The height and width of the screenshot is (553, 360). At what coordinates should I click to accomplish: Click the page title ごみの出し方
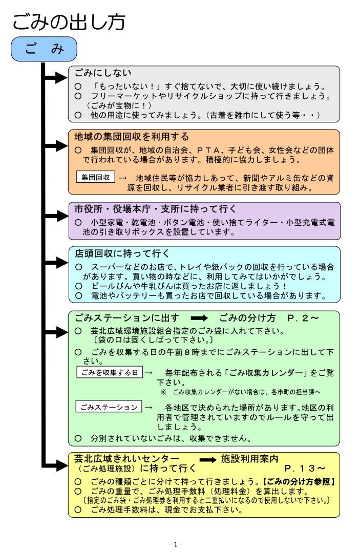tap(69, 22)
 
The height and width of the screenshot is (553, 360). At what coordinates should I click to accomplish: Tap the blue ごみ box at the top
tap(44, 49)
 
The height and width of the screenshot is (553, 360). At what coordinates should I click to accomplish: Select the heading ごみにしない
tap(103, 73)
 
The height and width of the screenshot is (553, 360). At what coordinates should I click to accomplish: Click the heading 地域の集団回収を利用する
tap(132, 137)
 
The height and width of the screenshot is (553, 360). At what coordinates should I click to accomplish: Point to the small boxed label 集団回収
tap(95, 177)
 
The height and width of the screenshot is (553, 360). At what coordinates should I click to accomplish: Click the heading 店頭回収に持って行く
tap(122, 253)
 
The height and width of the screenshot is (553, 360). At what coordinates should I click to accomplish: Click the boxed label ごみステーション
tap(109, 407)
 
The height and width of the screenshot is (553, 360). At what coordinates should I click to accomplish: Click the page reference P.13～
tap(305, 468)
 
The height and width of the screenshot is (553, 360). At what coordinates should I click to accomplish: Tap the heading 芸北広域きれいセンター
tap(127, 458)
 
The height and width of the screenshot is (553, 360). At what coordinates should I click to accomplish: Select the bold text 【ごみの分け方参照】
tap(299, 482)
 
